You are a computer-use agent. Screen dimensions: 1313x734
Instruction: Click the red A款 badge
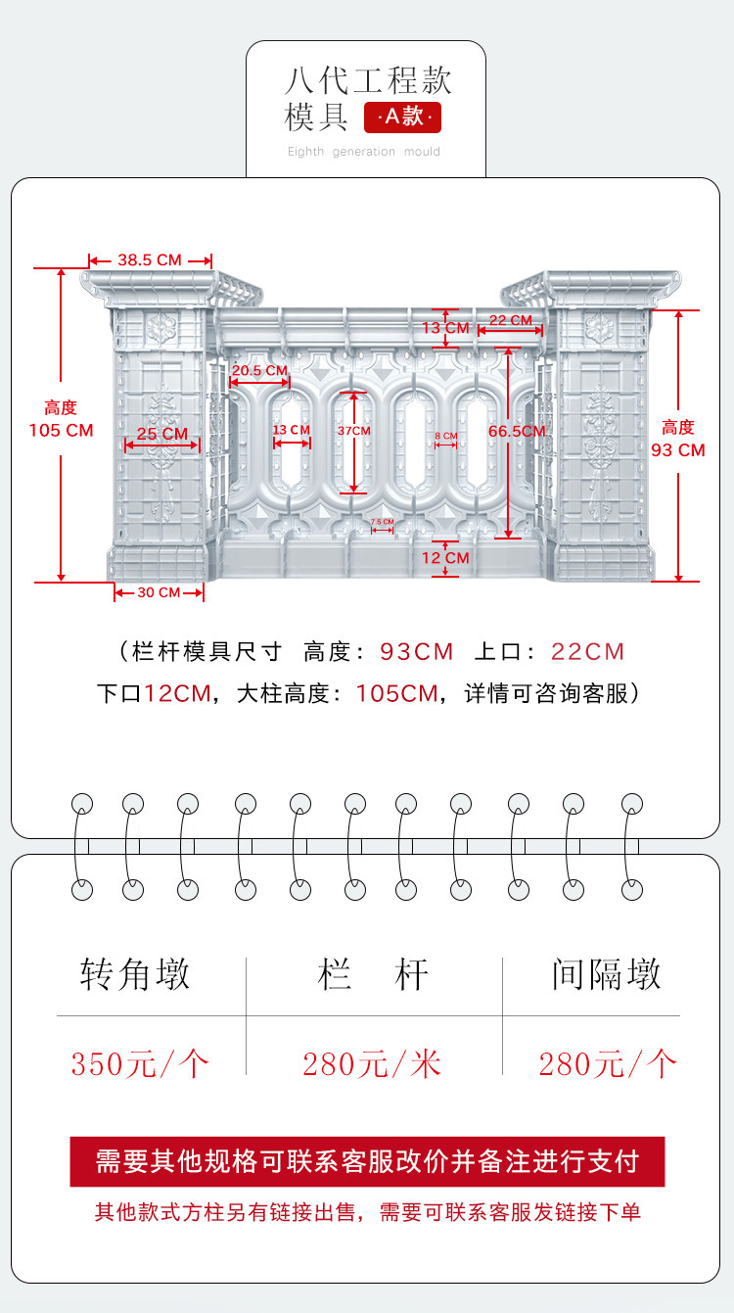tap(402, 117)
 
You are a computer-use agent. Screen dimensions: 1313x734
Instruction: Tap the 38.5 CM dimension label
tap(150, 260)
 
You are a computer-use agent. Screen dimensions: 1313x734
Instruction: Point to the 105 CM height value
tap(61, 430)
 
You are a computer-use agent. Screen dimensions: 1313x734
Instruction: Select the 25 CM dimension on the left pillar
tap(161, 434)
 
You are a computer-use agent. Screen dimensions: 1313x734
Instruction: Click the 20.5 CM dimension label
tap(259, 371)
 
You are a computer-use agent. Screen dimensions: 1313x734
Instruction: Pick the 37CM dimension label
tap(354, 431)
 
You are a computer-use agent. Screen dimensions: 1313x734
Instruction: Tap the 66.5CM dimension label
tap(517, 431)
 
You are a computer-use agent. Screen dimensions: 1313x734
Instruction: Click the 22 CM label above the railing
tap(510, 320)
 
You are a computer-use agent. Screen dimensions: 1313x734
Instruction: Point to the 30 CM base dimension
tap(158, 592)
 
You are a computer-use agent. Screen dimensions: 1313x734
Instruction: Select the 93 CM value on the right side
tap(678, 450)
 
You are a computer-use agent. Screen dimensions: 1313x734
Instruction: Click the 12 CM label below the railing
tap(445, 558)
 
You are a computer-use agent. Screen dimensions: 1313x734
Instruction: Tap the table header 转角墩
tap(135, 974)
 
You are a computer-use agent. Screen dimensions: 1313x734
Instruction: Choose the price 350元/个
tap(140, 1063)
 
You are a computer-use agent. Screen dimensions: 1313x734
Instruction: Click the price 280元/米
tap(372, 1063)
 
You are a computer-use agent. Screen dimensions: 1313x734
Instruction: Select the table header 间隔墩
tap(606, 974)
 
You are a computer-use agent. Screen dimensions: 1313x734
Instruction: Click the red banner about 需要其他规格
tap(367, 1161)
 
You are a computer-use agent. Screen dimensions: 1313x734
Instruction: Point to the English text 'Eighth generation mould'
tap(364, 152)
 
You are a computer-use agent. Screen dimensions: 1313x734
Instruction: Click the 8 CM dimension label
tap(445, 436)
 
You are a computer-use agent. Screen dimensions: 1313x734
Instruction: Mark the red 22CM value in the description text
tap(587, 652)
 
